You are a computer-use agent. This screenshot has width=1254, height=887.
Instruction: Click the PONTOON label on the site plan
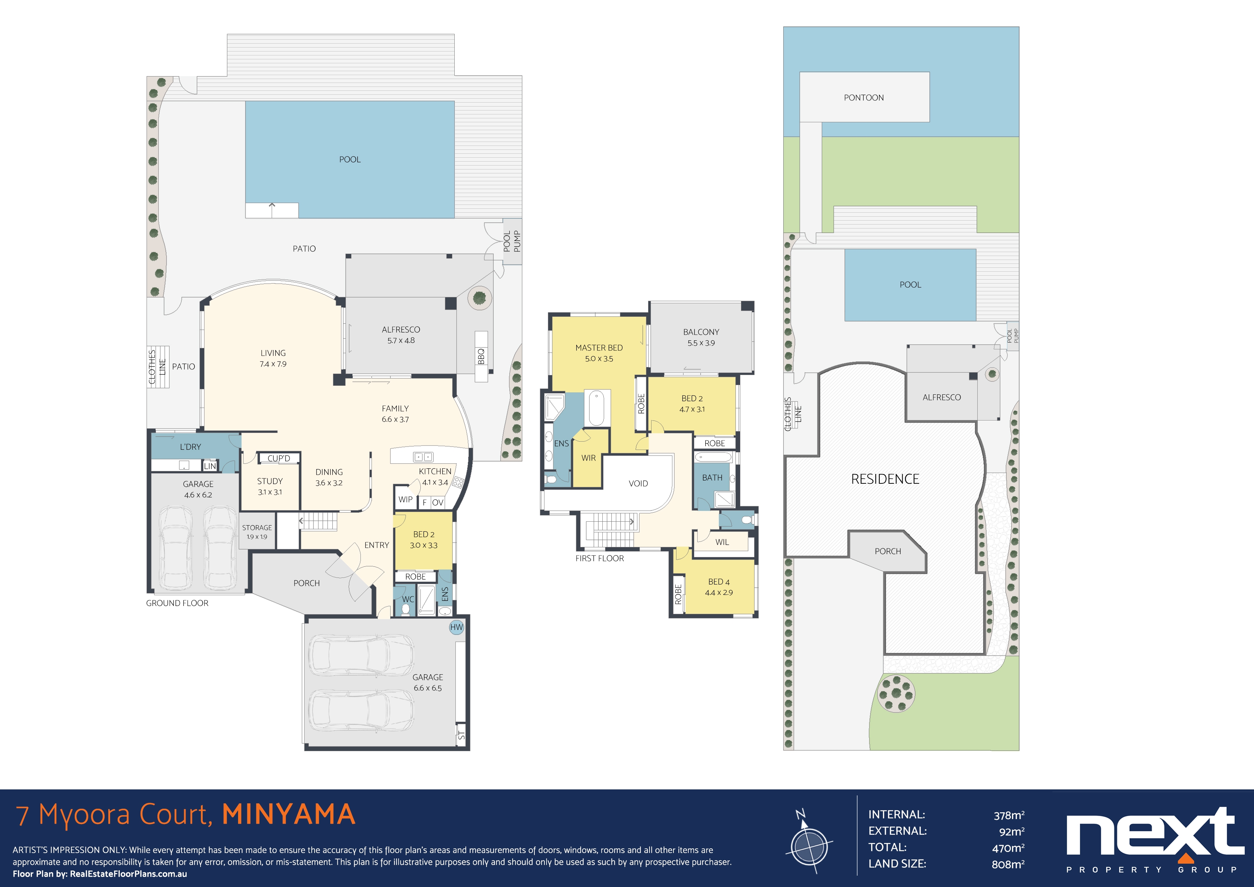click(x=864, y=98)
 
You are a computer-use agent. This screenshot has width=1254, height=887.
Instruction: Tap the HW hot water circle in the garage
click(x=456, y=627)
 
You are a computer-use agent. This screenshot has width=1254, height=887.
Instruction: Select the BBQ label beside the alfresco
click(x=481, y=356)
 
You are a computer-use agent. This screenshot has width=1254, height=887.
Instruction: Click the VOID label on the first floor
click(x=638, y=483)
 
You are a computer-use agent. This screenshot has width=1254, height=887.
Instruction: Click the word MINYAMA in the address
click(x=289, y=814)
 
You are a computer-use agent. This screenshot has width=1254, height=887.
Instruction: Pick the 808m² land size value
click(x=1008, y=864)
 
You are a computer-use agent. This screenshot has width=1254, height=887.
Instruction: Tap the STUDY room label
click(x=270, y=481)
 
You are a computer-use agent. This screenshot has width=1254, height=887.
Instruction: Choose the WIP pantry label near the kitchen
click(x=405, y=499)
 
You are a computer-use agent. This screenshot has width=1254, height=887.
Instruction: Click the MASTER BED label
click(x=599, y=348)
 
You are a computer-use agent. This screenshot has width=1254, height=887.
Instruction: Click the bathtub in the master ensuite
click(x=596, y=408)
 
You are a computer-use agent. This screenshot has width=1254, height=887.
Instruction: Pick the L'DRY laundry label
click(x=190, y=447)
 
